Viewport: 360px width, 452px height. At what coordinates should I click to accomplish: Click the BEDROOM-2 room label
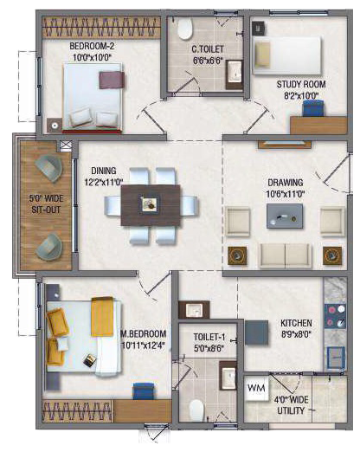(x=92, y=46)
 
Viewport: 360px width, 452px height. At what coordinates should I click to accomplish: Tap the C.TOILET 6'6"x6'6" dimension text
(x=209, y=61)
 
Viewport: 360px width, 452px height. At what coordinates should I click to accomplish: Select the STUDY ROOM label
(x=301, y=84)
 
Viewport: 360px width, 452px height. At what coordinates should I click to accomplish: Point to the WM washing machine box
(x=256, y=388)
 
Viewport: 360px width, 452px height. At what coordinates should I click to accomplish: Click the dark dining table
(x=151, y=205)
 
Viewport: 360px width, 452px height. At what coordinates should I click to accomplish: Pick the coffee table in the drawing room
(x=285, y=216)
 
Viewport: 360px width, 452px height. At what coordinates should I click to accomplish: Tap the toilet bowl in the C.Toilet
(x=184, y=29)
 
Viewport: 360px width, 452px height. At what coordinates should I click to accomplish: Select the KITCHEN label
(x=296, y=323)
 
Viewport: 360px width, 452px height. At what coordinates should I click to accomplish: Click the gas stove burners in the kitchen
(x=336, y=316)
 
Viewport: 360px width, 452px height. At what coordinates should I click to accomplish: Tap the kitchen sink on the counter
(x=336, y=358)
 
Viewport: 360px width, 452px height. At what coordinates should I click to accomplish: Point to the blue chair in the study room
(x=313, y=108)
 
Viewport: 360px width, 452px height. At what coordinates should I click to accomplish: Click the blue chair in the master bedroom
(x=144, y=391)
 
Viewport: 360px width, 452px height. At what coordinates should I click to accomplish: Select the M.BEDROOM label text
(x=144, y=334)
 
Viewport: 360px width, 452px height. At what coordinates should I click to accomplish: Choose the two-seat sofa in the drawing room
(x=286, y=255)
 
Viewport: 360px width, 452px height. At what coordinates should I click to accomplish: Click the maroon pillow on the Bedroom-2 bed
(x=112, y=80)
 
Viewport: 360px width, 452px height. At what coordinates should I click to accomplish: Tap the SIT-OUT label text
(x=46, y=210)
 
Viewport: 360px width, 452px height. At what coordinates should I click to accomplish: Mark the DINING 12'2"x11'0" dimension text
(x=104, y=183)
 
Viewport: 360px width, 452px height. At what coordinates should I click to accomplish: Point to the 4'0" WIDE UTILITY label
(x=291, y=405)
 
